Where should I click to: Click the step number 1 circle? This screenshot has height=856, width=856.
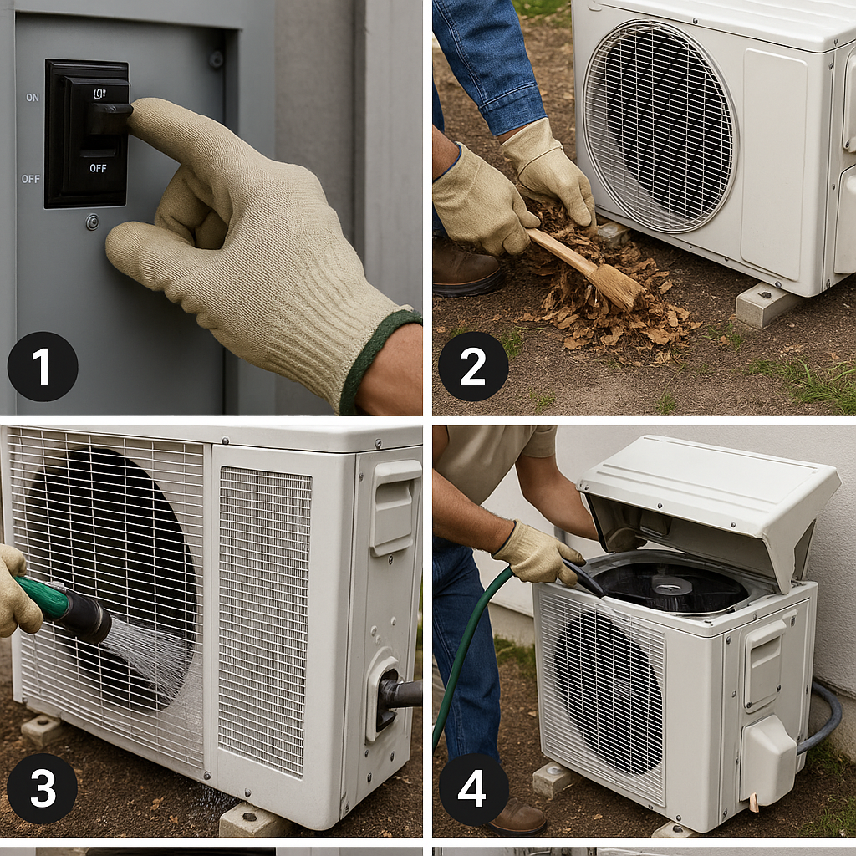coord(43,367)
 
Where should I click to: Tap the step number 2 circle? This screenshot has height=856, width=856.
coord(473,367)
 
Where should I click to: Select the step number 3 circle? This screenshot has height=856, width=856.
coord(43,788)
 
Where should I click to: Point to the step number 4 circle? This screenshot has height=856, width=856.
coord(473,788)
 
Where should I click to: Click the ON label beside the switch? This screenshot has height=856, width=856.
coord(33,98)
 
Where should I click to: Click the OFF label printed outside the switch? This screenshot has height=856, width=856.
coord(31,179)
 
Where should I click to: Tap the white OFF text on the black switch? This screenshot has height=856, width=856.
coord(99,168)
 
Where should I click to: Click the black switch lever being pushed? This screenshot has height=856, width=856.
coord(110,117)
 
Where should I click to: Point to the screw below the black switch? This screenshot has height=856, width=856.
coord(93,222)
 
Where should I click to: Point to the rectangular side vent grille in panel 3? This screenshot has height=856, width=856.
coord(264,621)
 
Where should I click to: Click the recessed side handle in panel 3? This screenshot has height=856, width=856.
coord(395,507)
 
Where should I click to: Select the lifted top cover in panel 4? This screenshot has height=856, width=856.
coord(710,502)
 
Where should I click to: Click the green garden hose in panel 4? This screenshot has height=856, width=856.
coord(464,645)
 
